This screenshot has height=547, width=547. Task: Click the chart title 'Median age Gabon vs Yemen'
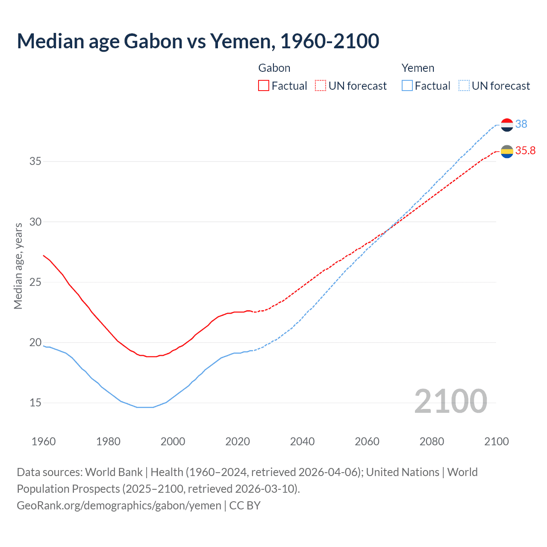(198, 41)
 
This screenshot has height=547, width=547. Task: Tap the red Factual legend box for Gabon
(264, 86)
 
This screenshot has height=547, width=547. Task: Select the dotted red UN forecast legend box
(321, 86)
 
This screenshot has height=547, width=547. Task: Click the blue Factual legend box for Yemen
(407, 86)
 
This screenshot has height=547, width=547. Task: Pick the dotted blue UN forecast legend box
(464, 86)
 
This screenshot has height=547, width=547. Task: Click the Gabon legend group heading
(274, 68)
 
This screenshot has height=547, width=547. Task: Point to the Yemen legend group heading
(418, 68)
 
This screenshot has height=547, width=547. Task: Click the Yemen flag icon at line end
(507, 125)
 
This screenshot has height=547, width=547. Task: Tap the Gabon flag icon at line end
(507, 151)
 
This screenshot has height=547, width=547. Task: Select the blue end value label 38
(521, 124)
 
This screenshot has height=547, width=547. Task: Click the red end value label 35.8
(525, 150)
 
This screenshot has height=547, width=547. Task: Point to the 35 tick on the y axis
(35, 162)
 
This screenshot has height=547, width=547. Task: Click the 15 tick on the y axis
(35, 403)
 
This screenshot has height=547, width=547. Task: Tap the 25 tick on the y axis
(35, 282)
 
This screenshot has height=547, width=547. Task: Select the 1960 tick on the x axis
(44, 441)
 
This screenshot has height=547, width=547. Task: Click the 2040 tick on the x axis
(302, 441)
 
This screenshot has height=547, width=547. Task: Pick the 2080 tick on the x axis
(432, 441)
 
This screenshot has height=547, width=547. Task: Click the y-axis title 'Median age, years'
(18, 266)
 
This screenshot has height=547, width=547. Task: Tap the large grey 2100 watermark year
(450, 401)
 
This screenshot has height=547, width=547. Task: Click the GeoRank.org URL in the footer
(119, 506)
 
